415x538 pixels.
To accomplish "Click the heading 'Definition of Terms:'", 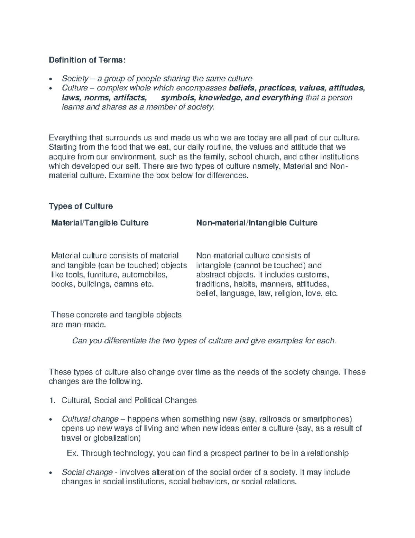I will point(85,60).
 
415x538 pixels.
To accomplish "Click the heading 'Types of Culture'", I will point(81,206).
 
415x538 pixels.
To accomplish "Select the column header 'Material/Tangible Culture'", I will point(100,222).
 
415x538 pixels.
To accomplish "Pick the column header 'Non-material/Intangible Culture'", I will point(257,222).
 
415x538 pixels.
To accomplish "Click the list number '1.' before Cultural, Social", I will point(52,400).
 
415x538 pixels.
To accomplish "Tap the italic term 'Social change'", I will point(87,472).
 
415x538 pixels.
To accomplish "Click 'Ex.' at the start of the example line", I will point(72,453).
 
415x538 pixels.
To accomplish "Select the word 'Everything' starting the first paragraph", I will point(67,138).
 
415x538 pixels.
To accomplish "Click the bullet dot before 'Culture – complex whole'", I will point(52,89).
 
